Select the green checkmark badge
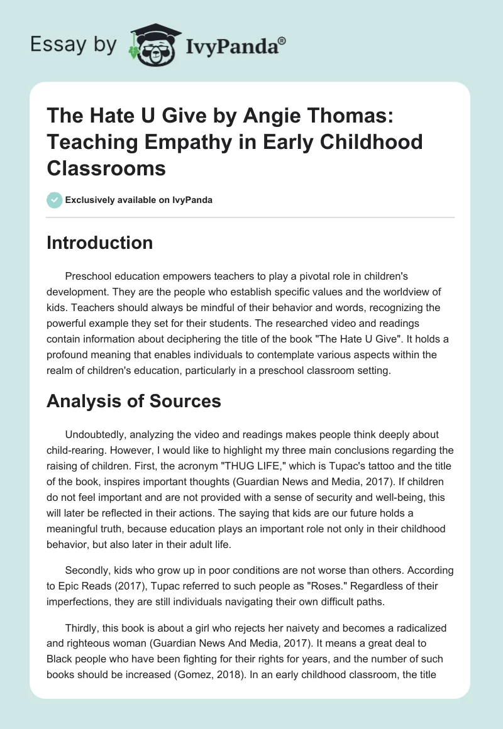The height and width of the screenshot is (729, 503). pos(54,199)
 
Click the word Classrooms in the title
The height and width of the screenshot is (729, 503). pos(106,168)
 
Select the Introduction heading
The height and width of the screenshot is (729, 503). pos(99,243)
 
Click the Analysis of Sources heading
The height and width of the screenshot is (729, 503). pos(133,401)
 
